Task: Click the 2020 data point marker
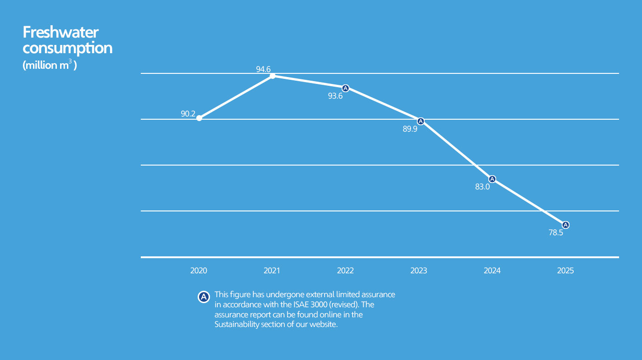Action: (x=199, y=118)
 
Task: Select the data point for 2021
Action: (x=272, y=76)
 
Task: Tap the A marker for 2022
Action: (x=346, y=88)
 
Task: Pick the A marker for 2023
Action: (x=420, y=121)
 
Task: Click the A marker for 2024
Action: (x=492, y=179)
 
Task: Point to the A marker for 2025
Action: (x=565, y=225)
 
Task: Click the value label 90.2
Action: (x=188, y=114)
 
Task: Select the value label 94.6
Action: (x=263, y=69)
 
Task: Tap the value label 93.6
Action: (x=335, y=96)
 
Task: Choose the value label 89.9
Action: (x=410, y=129)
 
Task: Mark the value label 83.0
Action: (x=482, y=187)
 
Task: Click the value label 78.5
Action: (x=556, y=233)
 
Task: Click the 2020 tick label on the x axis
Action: (x=199, y=271)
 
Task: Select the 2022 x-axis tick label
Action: (x=345, y=271)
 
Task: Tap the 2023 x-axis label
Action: (x=419, y=271)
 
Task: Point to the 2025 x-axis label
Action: (x=565, y=271)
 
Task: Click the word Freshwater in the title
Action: (x=61, y=33)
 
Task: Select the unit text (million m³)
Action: (x=50, y=65)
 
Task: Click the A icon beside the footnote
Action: (x=203, y=297)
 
